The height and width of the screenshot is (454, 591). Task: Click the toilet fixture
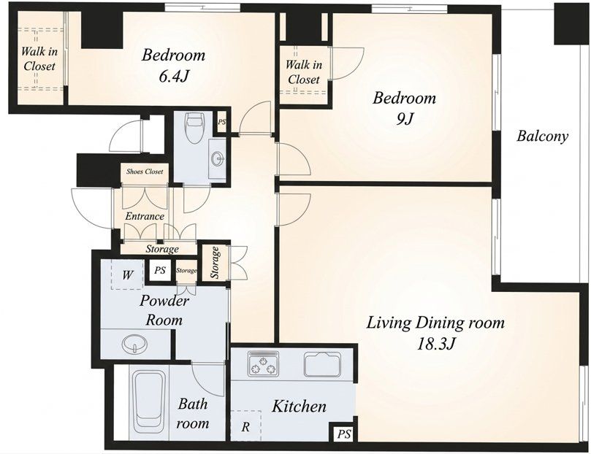194,128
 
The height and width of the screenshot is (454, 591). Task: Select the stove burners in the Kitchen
263,363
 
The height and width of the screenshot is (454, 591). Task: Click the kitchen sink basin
322,364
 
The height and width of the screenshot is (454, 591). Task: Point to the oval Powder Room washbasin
133,344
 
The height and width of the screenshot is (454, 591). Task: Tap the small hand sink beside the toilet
218,159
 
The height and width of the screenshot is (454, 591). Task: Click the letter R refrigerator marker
245,427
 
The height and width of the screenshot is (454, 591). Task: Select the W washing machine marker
127,275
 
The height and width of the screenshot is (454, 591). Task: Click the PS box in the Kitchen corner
343,434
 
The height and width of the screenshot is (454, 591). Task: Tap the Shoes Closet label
145,172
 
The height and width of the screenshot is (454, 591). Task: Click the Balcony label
542,136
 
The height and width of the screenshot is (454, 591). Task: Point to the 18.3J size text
435,344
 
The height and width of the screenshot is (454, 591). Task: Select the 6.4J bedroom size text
173,77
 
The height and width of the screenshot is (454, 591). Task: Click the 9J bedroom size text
405,119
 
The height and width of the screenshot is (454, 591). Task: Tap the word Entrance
145,217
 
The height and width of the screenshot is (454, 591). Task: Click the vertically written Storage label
216,262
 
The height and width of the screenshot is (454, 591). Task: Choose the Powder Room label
164,310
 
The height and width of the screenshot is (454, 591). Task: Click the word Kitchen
300,407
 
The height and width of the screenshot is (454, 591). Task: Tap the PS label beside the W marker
160,270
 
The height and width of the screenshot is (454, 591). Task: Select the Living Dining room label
435,323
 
